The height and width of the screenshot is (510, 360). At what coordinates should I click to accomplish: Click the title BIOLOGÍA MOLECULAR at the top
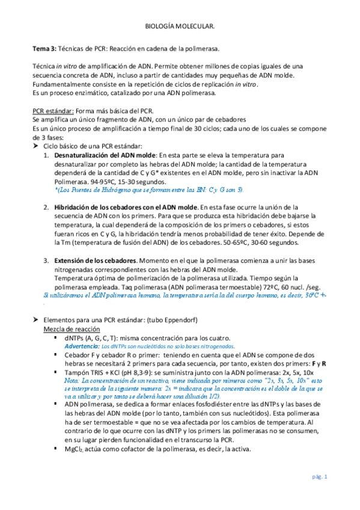click(x=180, y=27)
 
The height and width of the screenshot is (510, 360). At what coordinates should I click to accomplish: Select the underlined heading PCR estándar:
click(x=53, y=111)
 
